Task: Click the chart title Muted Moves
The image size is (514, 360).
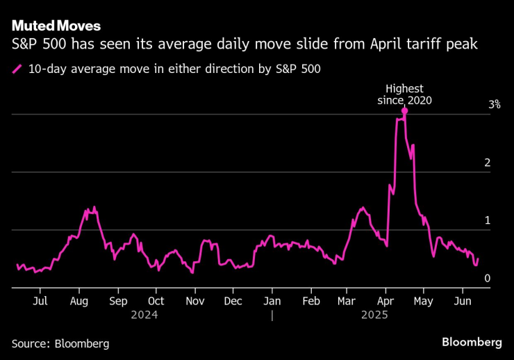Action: tap(56, 26)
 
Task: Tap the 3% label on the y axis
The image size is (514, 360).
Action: tap(495, 104)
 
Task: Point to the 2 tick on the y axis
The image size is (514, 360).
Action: tap(488, 163)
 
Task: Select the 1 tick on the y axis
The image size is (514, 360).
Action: tap(488, 220)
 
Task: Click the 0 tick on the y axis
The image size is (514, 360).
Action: tap(488, 278)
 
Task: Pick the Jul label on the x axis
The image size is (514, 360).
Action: tap(40, 302)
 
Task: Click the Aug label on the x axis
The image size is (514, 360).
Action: tap(79, 302)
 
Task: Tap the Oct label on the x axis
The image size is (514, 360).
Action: tap(156, 302)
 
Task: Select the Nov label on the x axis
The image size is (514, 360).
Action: tap(195, 302)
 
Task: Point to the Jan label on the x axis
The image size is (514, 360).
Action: tap(272, 302)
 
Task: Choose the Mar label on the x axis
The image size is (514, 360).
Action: tap(347, 302)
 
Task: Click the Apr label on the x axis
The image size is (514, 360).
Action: tap(385, 302)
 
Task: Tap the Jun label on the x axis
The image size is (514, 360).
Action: tap(461, 302)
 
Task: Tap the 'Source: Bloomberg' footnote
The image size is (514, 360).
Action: tap(60, 343)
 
